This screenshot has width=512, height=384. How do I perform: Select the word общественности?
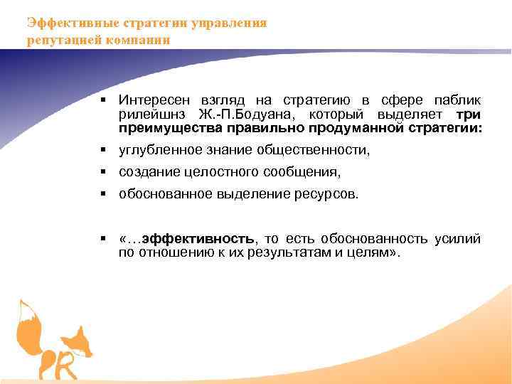pos(321,151)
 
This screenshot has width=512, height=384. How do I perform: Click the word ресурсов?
pos(324,193)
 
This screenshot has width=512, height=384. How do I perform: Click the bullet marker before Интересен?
pos(103,99)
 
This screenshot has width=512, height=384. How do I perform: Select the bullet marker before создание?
pos(103,172)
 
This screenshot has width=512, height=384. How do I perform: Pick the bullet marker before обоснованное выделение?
pos(103,193)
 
